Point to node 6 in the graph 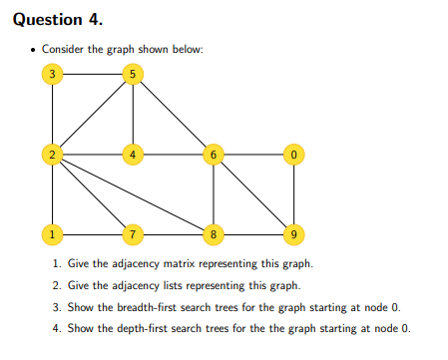point(213,154)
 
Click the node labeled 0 point(291,154)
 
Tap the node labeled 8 point(213,234)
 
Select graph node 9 point(291,234)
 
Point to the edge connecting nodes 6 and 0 point(251,154)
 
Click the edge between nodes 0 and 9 point(291,193)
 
